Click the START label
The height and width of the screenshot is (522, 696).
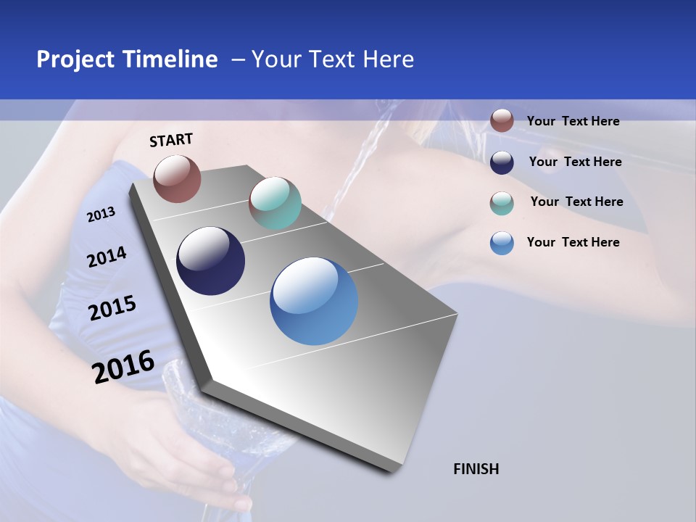[171, 140]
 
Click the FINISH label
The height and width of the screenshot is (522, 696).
[476, 469]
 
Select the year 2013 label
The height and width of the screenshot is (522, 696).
[101, 215]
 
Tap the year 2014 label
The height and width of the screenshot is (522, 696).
[107, 257]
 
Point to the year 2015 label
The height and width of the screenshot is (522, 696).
[112, 308]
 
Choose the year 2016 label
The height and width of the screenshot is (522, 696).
[123, 366]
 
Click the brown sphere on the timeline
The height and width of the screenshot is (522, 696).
[177, 178]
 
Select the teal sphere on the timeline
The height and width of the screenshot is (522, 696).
[275, 203]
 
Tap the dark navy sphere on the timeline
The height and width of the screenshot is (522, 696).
[211, 261]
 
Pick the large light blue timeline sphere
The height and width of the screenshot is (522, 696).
[314, 301]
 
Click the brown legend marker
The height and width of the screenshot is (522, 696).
[502, 121]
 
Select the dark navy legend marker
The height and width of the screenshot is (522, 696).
[502, 162]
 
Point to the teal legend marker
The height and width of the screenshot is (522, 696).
[502, 202]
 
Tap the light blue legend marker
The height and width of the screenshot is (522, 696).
[502, 243]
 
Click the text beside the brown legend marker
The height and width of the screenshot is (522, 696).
[573, 121]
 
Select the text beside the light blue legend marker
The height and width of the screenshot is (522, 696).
[573, 242]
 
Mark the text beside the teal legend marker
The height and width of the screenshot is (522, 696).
[576, 202]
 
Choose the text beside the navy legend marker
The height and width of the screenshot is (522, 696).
[575, 162]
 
